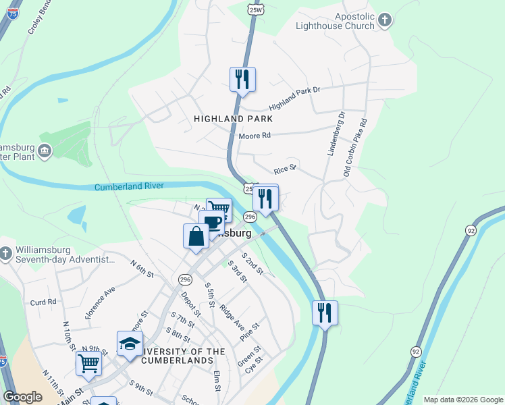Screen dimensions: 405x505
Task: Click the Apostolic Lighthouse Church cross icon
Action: click(385, 20)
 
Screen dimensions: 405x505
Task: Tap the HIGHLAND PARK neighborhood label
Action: click(233, 119)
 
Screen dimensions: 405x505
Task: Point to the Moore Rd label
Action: click(255, 136)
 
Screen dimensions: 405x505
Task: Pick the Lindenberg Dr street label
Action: click(336, 134)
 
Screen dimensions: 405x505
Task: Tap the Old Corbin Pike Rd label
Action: click(356, 148)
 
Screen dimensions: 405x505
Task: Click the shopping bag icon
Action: click(196, 236)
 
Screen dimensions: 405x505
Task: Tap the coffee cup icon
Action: click(212, 223)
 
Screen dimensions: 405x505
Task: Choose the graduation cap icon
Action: click(130, 344)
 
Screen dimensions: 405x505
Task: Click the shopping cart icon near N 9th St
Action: click(89, 363)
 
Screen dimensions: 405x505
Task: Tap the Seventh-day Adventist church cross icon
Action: click(5, 252)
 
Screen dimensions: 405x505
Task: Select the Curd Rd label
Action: click(43, 302)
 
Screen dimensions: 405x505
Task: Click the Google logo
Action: click(22, 397)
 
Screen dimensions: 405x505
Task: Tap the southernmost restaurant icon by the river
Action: click(325, 313)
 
